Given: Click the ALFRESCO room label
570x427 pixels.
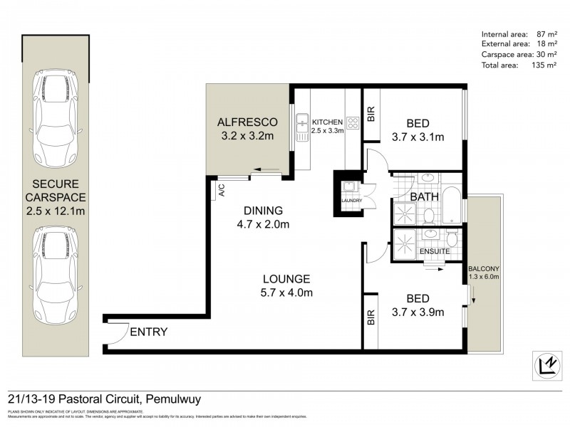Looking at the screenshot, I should tap(247, 121).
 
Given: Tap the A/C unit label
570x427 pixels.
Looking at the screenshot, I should tap(222, 190).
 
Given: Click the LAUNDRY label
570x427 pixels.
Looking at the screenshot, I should tap(352, 201).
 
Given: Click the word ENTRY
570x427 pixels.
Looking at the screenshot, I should tap(149, 332).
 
